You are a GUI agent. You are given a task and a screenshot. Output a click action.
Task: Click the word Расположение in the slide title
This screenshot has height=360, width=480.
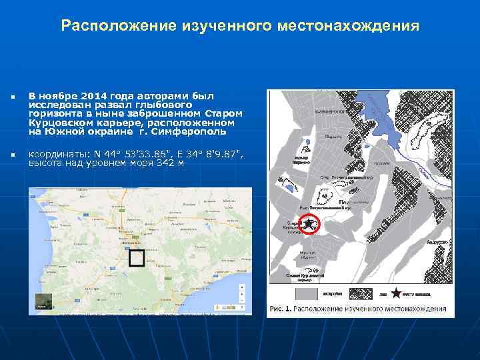(x=117, y=26)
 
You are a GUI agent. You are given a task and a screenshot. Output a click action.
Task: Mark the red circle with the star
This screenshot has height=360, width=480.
(x=311, y=225)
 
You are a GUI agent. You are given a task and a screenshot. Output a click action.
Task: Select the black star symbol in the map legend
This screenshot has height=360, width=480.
(x=396, y=293)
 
